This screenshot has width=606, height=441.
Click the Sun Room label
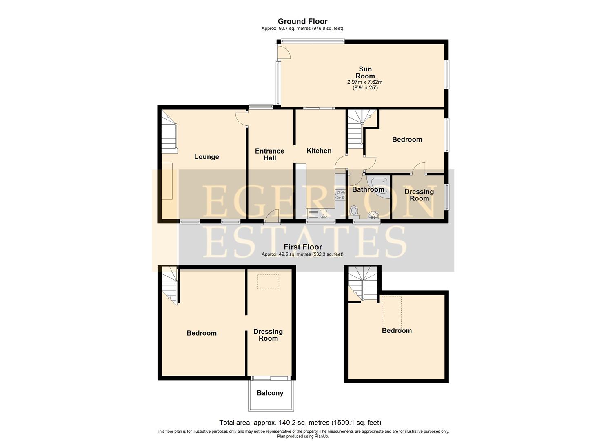click(x=365, y=73)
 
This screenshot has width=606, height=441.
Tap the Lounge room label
click(x=206, y=157)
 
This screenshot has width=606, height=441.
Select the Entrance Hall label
click(x=269, y=155)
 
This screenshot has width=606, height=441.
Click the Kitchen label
click(x=319, y=151)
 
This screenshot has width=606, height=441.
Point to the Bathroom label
click(x=368, y=189)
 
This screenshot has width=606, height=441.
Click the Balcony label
click(x=270, y=393)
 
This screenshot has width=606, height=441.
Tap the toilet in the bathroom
click(x=354, y=211)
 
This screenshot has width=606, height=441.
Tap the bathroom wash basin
click(x=373, y=215)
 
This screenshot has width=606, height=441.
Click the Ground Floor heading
click(x=302, y=21)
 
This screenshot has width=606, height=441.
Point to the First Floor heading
click(x=303, y=247)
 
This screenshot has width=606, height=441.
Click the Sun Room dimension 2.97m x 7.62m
click(x=365, y=82)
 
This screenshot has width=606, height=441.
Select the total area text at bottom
click(x=300, y=423)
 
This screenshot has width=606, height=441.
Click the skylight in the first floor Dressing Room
click(x=268, y=281)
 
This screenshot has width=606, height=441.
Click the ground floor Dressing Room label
click(x=419, y=195)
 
